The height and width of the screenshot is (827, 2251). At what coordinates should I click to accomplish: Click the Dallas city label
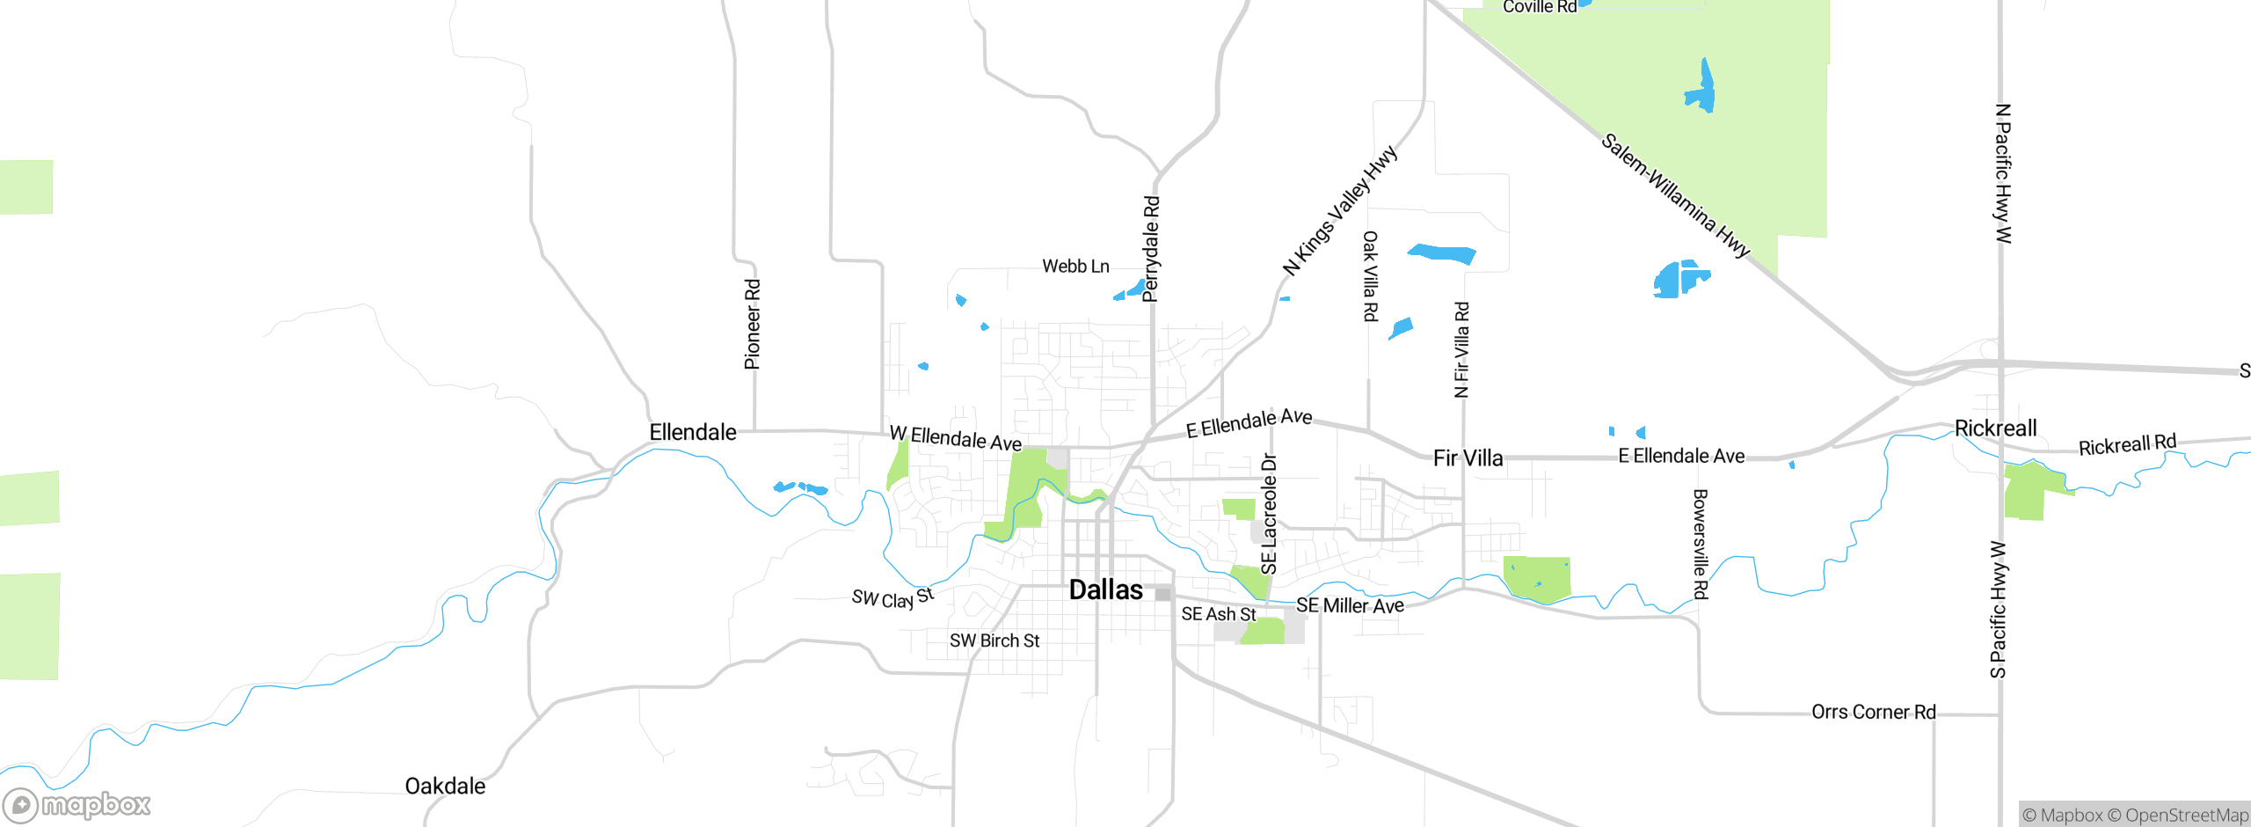(x=1105, y=590)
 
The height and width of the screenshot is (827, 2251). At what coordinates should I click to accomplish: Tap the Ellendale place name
(x=692, y=432)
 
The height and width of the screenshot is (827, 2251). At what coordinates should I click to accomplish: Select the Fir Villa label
(x=1468, y=458)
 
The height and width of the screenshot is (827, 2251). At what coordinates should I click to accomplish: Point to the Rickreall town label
(x=1995, y=428)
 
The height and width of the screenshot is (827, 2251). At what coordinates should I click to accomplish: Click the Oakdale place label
(x=445, y=787)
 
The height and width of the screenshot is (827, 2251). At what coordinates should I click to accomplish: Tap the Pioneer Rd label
(x=753, y=324)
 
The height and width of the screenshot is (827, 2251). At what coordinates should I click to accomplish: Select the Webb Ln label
(x=1075, y=267)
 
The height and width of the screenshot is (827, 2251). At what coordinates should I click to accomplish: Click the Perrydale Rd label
(x=1151, y=249)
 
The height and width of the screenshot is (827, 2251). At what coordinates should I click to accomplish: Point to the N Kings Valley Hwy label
(x=1339, y=211)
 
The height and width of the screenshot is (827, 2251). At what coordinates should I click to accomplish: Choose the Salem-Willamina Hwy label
(x=1675, y=195)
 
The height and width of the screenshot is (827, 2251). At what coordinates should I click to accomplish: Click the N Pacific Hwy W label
(x=2003, y=173)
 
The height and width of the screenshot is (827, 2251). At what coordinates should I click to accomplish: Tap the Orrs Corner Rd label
(x=1873, y=712)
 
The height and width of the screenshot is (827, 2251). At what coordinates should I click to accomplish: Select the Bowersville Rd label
(x=1700, y=545)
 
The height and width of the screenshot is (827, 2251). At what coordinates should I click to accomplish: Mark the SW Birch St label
(x=994, y=641)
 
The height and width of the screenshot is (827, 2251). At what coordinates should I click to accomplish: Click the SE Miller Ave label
(x=1350, y=606)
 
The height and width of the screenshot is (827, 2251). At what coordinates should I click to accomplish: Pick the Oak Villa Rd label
(x=1370, y=276)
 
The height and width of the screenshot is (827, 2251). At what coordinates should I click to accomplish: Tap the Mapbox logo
(x=77, y=804)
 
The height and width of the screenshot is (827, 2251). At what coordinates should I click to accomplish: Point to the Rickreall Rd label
(x=2127, y=445)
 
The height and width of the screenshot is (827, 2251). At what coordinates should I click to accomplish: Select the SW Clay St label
(x=892, y=599)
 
